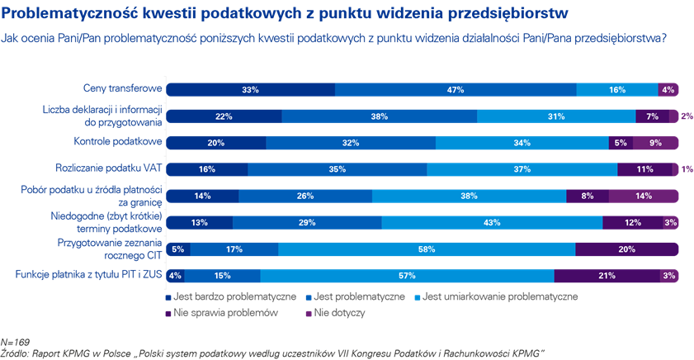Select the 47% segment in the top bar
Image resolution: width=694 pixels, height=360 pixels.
click(x=455, y=89)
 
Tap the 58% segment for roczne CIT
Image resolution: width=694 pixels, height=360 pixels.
click(x=426, y=249)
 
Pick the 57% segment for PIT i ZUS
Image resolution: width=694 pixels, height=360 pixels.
click(x=407, y=275)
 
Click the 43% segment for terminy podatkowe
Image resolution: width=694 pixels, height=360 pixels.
click(x=492, y=222)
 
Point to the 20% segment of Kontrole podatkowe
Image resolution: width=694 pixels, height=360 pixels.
click(x=216, y=142)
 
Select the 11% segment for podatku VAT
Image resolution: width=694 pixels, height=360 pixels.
click(x=645, y=168)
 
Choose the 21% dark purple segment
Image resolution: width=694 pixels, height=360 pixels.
click(x=606, y=275)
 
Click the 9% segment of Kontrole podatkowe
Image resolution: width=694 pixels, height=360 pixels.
click(x=655, y=142)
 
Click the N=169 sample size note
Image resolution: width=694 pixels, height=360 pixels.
click(x=15, y=341)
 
